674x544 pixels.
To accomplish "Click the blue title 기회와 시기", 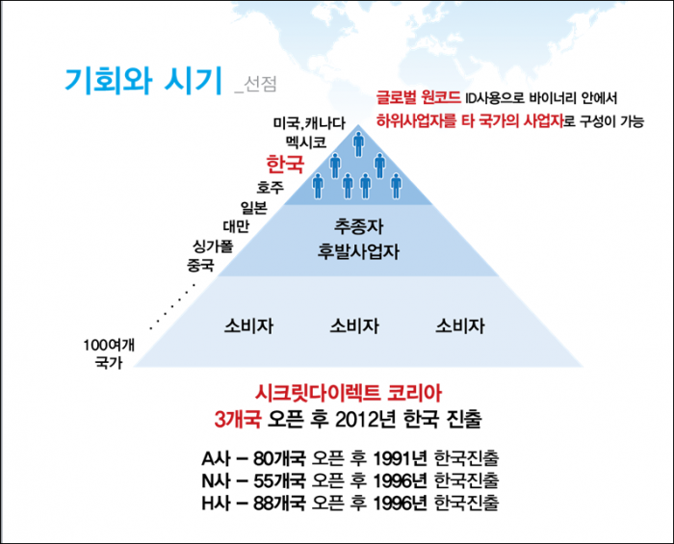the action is pos(143,80).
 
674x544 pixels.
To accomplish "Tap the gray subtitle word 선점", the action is pos(260,84).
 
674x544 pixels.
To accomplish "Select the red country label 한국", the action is pos(285,164).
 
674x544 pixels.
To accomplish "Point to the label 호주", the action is pos(270,188).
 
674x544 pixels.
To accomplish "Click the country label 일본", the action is pos(253,208).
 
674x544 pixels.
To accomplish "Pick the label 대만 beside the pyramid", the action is pos(236,226).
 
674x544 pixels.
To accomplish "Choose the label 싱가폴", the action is pos(213,246).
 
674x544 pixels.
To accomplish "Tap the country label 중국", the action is pos(200,265).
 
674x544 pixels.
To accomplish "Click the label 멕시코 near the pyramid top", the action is pos(306,142).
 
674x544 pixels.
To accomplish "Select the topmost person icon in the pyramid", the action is pos(358,143).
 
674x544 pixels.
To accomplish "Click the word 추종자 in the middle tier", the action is pos(358,226).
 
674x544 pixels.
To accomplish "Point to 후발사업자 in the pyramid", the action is pos(358,251).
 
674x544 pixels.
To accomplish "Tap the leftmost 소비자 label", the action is pos(248,326).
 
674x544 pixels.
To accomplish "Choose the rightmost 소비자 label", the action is pos(460,326).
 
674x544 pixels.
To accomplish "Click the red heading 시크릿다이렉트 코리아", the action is pos(349,393).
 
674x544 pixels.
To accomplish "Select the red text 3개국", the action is pos(238,419).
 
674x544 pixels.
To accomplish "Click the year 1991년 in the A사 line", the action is pos(400,459).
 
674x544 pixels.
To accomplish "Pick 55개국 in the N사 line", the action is pos(279,480).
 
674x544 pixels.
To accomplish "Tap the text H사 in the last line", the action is pos(217,504).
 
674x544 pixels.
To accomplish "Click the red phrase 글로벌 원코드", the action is pos(418,97).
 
